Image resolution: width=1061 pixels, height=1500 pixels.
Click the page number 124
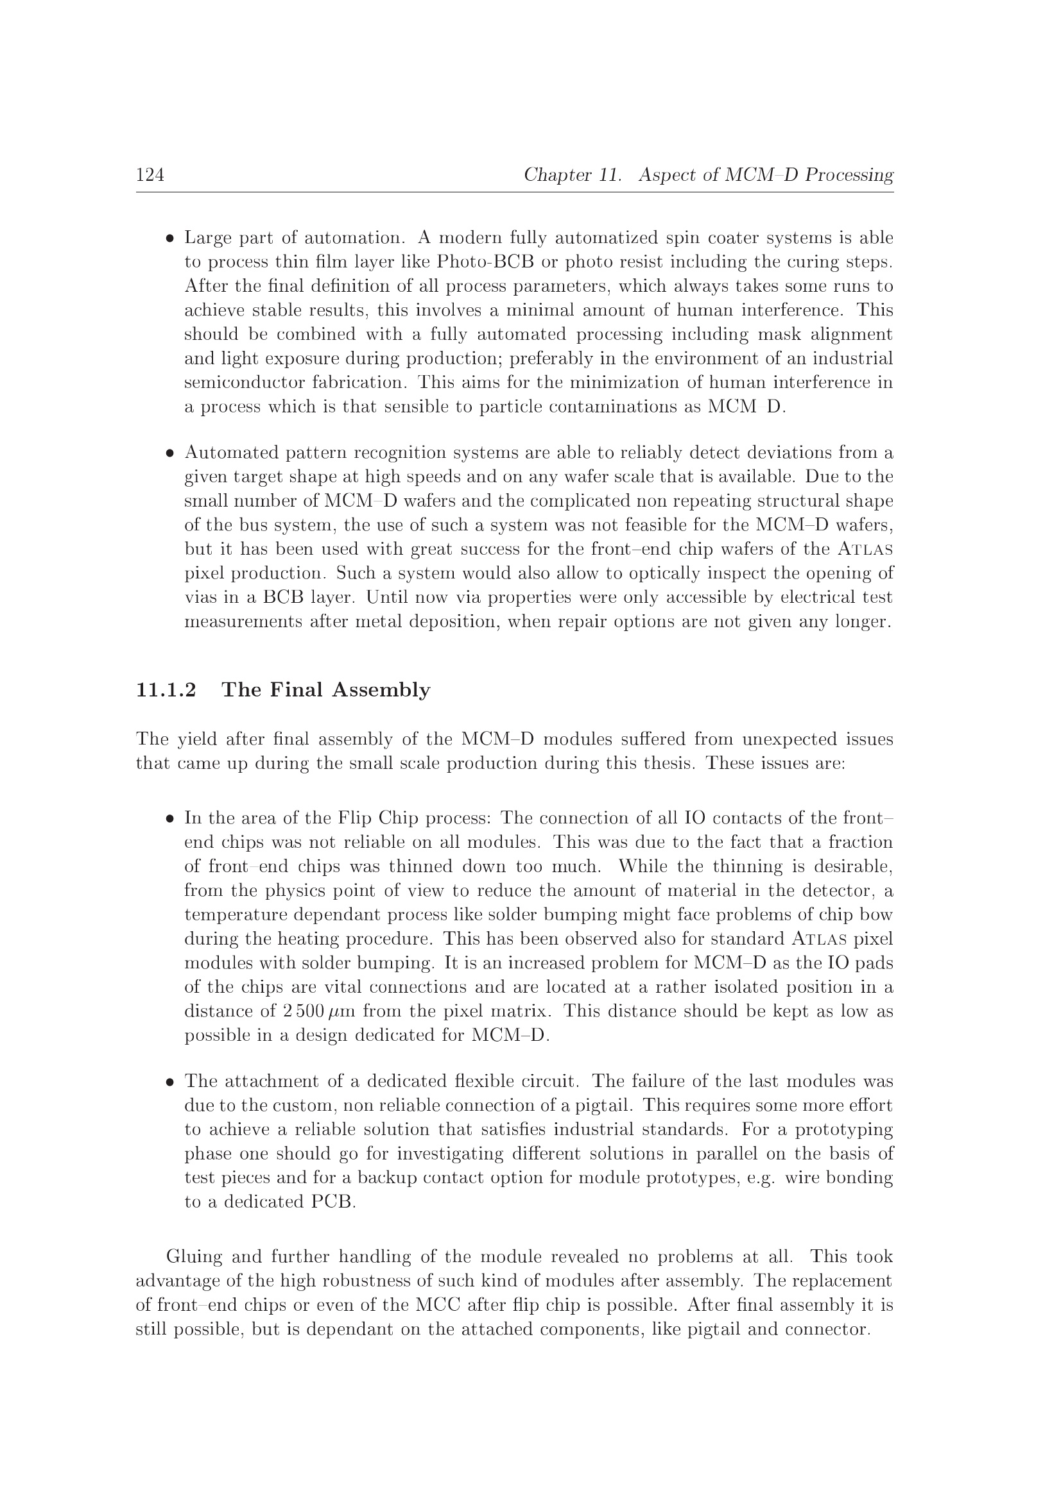point(150,175)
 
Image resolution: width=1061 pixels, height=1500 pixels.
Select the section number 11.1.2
point(166,690)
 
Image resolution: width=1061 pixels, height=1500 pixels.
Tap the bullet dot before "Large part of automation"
point(169,239)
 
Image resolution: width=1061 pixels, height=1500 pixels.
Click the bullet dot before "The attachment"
point(169,1082)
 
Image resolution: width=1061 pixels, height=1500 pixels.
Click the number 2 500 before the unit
point(304,1011)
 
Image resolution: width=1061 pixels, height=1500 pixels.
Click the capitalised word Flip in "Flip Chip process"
point(355,818)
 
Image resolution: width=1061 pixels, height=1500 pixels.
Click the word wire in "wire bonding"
point(802,1178)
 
